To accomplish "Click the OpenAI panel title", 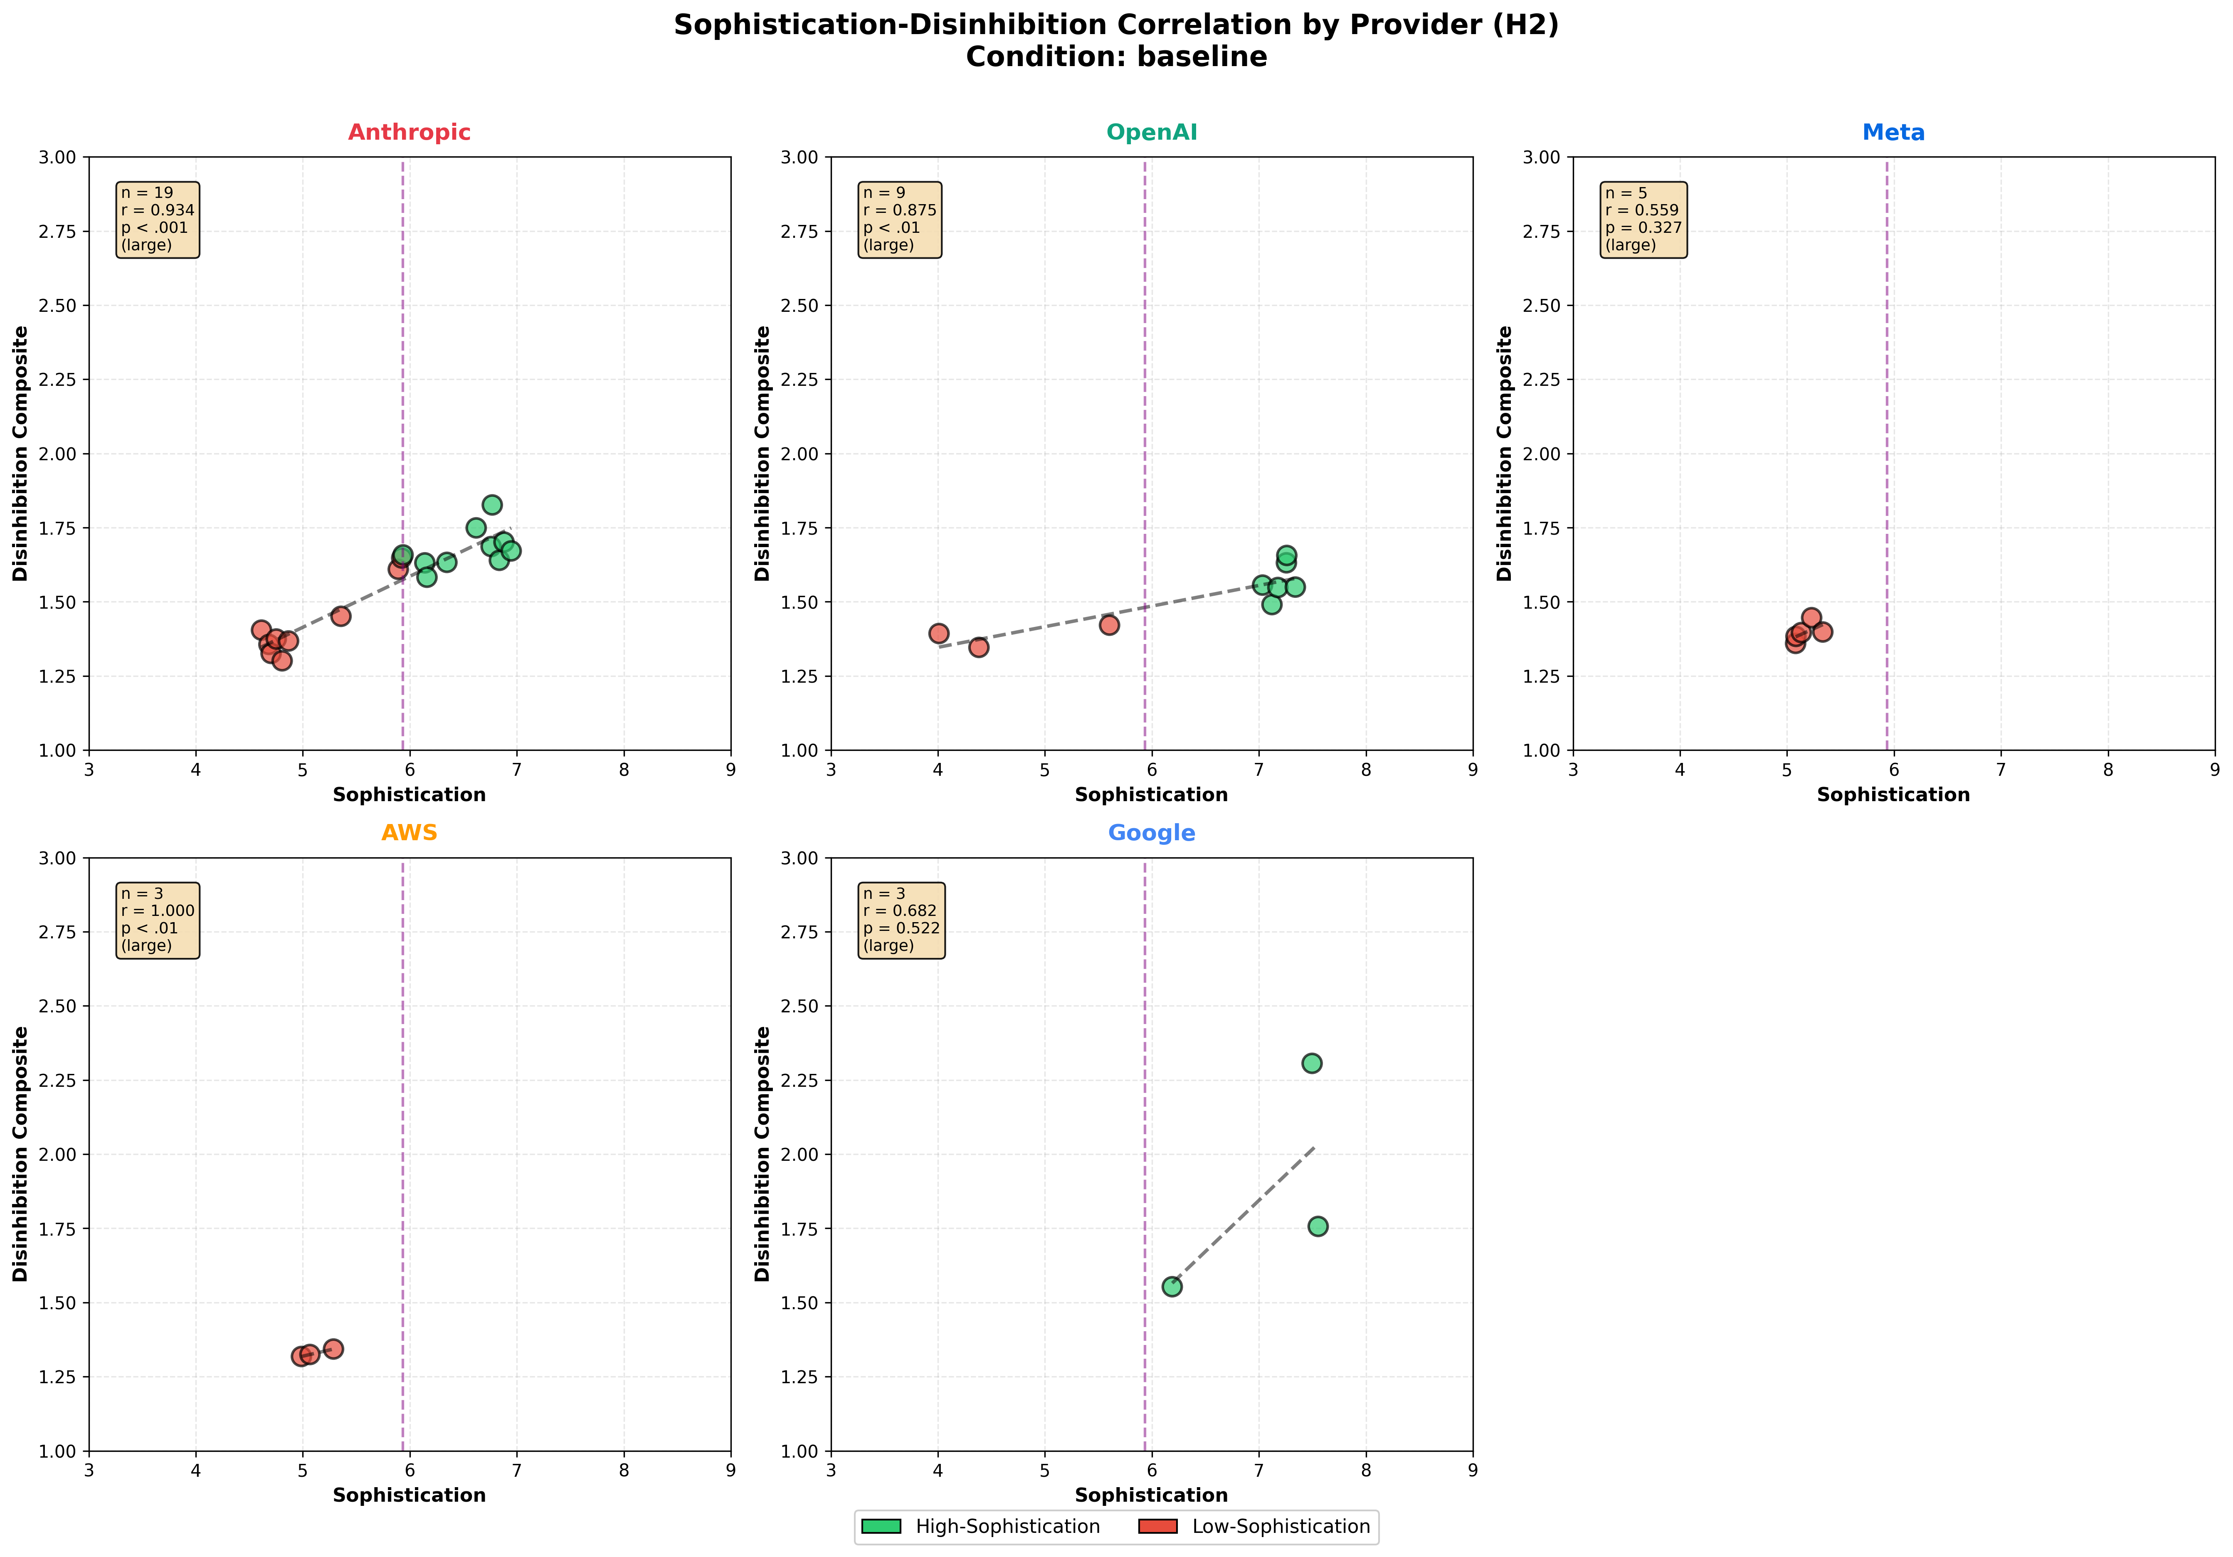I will [x=1152, y=132].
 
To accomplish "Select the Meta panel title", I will [x=1892, y=132].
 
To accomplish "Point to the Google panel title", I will [x=1152, y=832].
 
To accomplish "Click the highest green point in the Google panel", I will [x=1311, y=1063].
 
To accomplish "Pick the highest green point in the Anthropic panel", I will [x=492, y=505].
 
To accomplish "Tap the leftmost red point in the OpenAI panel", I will [x=938, y=633].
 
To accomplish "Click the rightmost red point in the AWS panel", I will [x=333, y=1349].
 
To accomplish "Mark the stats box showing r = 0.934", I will [x=158, y=219].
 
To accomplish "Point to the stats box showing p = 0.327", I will [x=1643, y=219].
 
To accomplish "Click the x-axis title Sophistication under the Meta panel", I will [x=1892, y=795].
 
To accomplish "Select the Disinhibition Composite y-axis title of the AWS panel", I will [x=20, y=1153].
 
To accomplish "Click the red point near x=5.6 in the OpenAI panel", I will [x=1109, y=624].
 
